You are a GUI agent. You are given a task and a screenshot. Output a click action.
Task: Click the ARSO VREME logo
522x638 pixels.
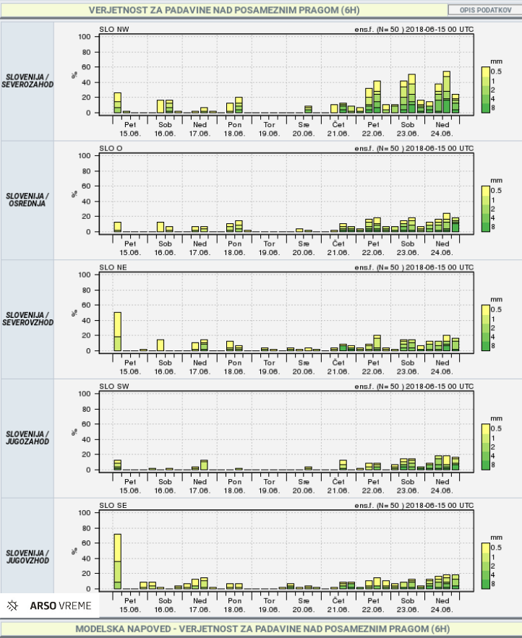coord(50,605)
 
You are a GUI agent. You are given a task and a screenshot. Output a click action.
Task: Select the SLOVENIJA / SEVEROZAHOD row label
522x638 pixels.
coord(27,80)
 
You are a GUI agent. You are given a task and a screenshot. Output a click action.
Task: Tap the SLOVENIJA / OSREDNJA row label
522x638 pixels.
coord(27,199)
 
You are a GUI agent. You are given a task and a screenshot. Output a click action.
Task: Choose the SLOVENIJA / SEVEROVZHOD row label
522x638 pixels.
coord(27,319)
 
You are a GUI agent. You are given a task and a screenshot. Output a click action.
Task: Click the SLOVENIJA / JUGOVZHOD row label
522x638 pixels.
coord(27,556)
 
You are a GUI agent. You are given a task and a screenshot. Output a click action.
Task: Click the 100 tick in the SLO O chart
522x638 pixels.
coord(85,156)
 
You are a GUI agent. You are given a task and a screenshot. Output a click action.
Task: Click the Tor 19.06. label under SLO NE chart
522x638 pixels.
coord(269,366)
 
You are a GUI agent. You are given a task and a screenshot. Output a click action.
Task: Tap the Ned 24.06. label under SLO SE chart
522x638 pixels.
coord(442,604)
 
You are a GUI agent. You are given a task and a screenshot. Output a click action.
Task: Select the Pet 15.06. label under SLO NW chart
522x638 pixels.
coord(130,129)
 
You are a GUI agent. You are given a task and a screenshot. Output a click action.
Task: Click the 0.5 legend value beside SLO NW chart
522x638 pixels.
coord(497,71)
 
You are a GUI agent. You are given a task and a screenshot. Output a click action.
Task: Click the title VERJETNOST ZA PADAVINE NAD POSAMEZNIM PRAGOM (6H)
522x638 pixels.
coord(223,11)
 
